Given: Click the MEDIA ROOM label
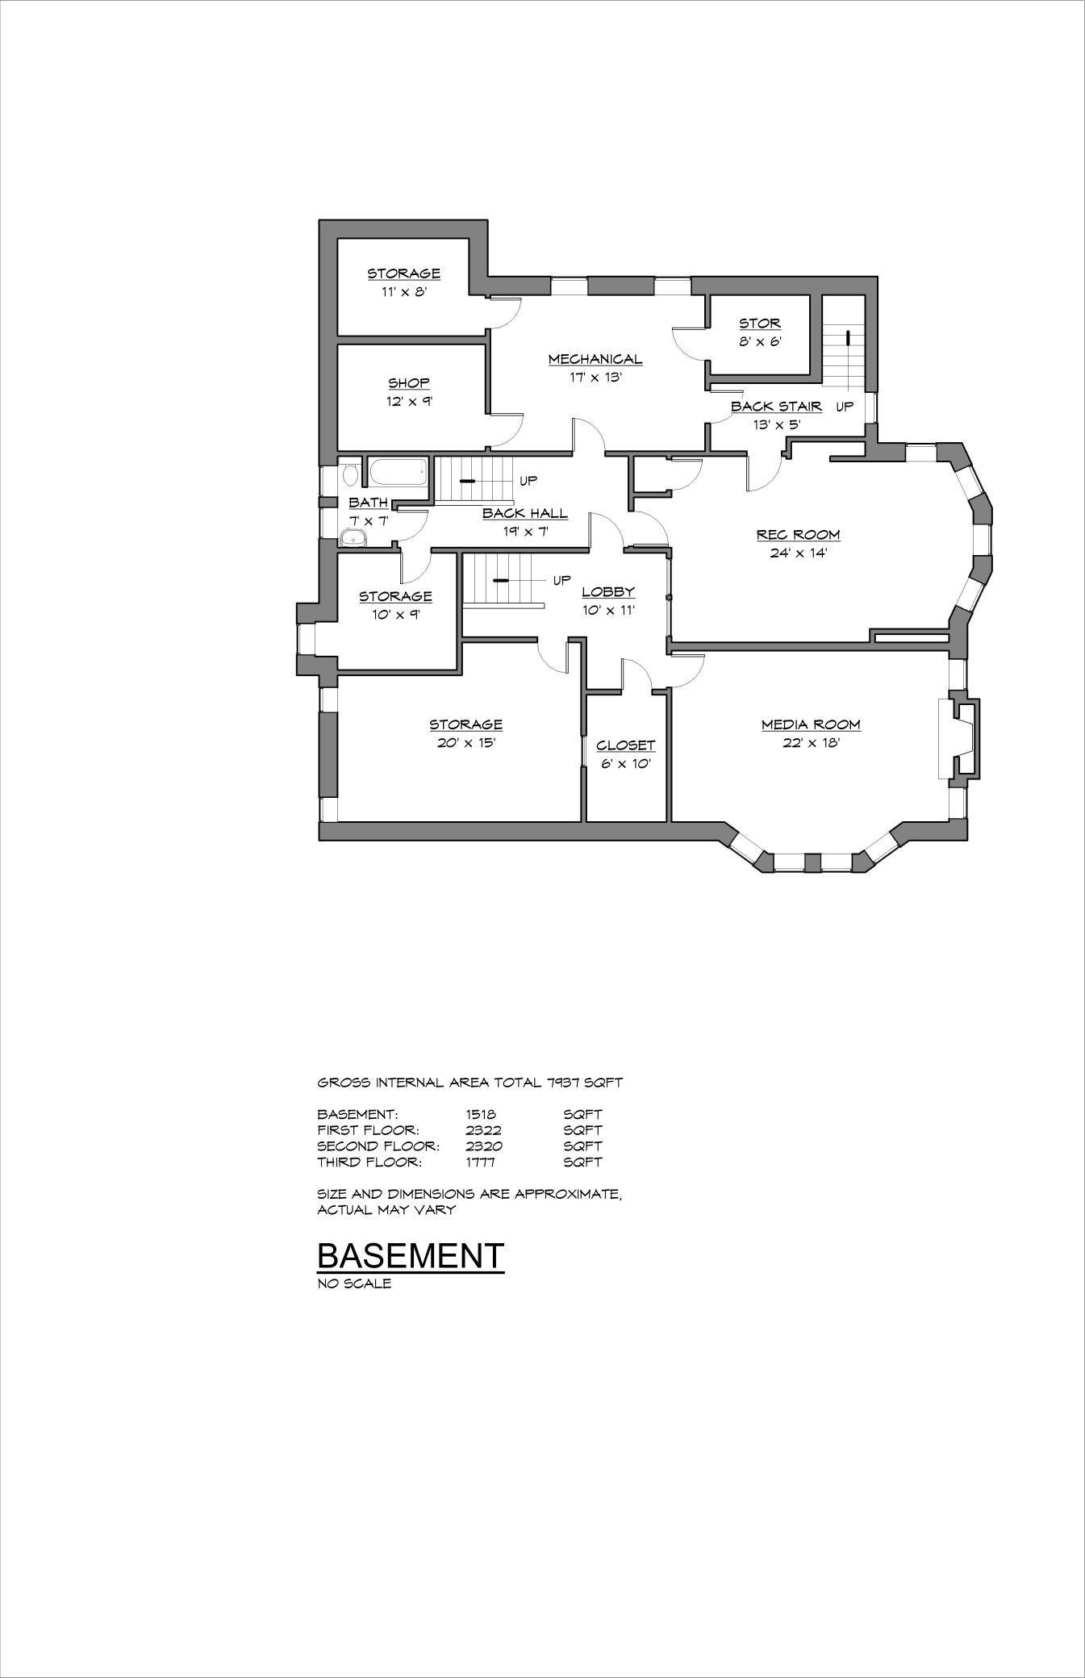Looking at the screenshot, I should click(811, 724).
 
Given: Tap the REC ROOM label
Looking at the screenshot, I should click(798, 534).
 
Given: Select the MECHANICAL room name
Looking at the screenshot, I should click(595, 359).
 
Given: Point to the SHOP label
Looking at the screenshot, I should click(409, 382).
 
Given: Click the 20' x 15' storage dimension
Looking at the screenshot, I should click(465, 742).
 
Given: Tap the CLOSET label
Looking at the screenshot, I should click(625, 745).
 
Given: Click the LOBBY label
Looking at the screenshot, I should click(608, 591).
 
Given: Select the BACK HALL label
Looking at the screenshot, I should click(524, 513).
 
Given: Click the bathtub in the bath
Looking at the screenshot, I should click(397, 473).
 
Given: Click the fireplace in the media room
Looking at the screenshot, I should click(960, 739).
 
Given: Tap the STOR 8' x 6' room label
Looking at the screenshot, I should click(760, 323).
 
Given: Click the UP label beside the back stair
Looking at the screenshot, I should click(844, 407).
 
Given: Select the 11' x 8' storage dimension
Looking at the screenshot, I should click(403, 291).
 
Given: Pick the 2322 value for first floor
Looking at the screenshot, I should click(483, 1130).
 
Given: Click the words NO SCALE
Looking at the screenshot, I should click(354, 1284).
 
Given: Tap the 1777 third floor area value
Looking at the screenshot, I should click(480, 1162).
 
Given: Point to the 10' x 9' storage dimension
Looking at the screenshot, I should click(395, 614).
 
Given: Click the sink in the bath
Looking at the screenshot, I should click(353, 537).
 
